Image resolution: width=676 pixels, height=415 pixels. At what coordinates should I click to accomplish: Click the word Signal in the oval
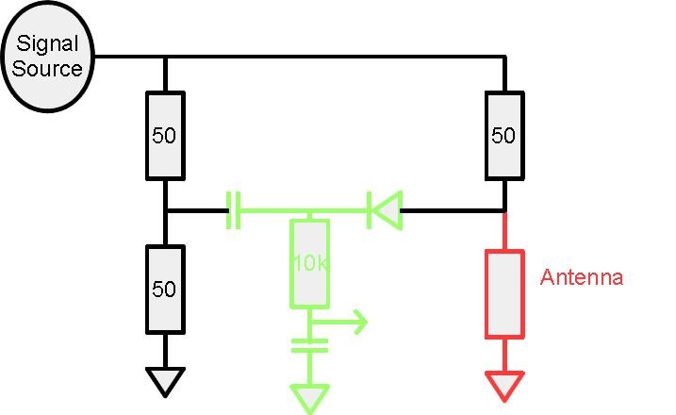click(46, 44)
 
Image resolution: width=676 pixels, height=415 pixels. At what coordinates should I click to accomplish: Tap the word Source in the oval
click(47, 68)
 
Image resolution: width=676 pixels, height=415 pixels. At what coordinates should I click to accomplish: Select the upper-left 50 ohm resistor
click(165, 135)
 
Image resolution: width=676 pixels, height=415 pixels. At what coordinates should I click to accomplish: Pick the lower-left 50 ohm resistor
click(165, 289)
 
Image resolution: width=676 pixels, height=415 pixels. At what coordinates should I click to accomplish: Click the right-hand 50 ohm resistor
click(504, 135)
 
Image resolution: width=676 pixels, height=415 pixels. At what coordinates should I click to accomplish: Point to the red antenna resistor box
click(504, 293)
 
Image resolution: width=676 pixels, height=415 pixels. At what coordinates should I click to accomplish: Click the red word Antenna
click(582, 277)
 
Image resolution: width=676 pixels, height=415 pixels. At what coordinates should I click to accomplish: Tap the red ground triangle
click(504, 385)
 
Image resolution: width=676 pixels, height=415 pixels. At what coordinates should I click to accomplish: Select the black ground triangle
click(165, 381)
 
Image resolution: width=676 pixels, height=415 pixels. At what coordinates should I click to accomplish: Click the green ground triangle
click(309, 396)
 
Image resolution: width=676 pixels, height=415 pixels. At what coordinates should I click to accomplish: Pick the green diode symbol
click(384, 209)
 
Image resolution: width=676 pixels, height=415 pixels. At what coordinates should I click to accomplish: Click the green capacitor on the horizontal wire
click(234, 209)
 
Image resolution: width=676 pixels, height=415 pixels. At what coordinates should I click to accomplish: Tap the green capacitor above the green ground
click(309, 344)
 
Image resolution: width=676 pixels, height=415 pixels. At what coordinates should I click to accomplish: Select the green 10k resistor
click(309, 263)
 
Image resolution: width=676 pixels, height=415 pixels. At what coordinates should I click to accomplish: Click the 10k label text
click(309, 263)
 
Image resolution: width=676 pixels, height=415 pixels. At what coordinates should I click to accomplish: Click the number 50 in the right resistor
click(504, 135)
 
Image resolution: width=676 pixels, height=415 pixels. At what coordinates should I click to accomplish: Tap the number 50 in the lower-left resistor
click(165, 289)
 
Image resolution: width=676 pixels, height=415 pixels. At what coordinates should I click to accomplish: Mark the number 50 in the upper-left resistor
click(165, 135)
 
